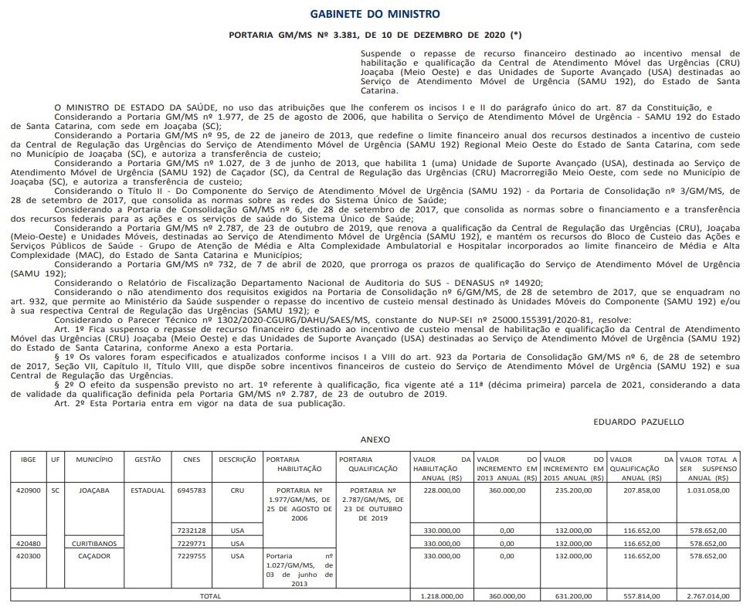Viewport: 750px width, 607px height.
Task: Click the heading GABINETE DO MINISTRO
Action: point(375,14)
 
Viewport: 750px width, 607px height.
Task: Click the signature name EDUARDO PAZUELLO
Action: point(638,422)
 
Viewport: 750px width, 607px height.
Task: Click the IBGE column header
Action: point(28,459)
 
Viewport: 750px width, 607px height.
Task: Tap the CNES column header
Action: point(192,459)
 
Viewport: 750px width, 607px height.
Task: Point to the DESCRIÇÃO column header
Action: point(237,459)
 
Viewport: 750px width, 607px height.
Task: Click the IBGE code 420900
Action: point(28,490)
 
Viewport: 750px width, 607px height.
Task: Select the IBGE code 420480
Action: point(28,544)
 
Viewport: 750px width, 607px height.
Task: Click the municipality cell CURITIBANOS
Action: point(93,544)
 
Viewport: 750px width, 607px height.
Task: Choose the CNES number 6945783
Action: point(192,490)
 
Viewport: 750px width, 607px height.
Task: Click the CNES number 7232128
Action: point(192,531)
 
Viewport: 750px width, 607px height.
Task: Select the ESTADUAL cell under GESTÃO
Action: point(148,490)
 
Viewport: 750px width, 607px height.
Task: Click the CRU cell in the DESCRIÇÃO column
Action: point(237,490)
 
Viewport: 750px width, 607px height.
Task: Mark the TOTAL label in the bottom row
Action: point(210,596)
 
